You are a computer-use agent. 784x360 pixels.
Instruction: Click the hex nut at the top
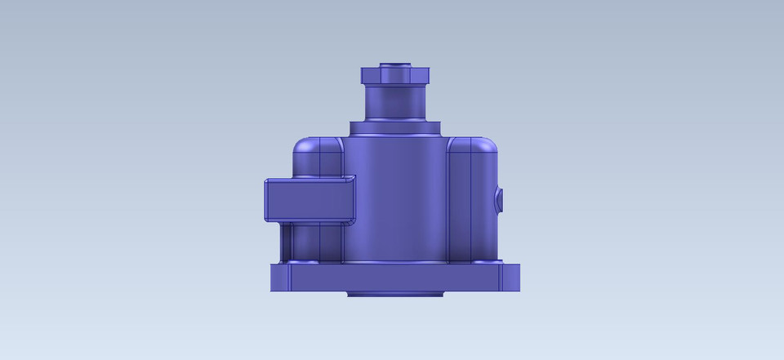(395, 76)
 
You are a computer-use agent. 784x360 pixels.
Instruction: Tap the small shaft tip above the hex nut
(395, 62)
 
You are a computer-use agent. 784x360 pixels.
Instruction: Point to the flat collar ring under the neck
(396, 128)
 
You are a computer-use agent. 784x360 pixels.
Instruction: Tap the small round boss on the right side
(500, 199)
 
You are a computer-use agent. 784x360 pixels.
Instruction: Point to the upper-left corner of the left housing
(299, 145)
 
